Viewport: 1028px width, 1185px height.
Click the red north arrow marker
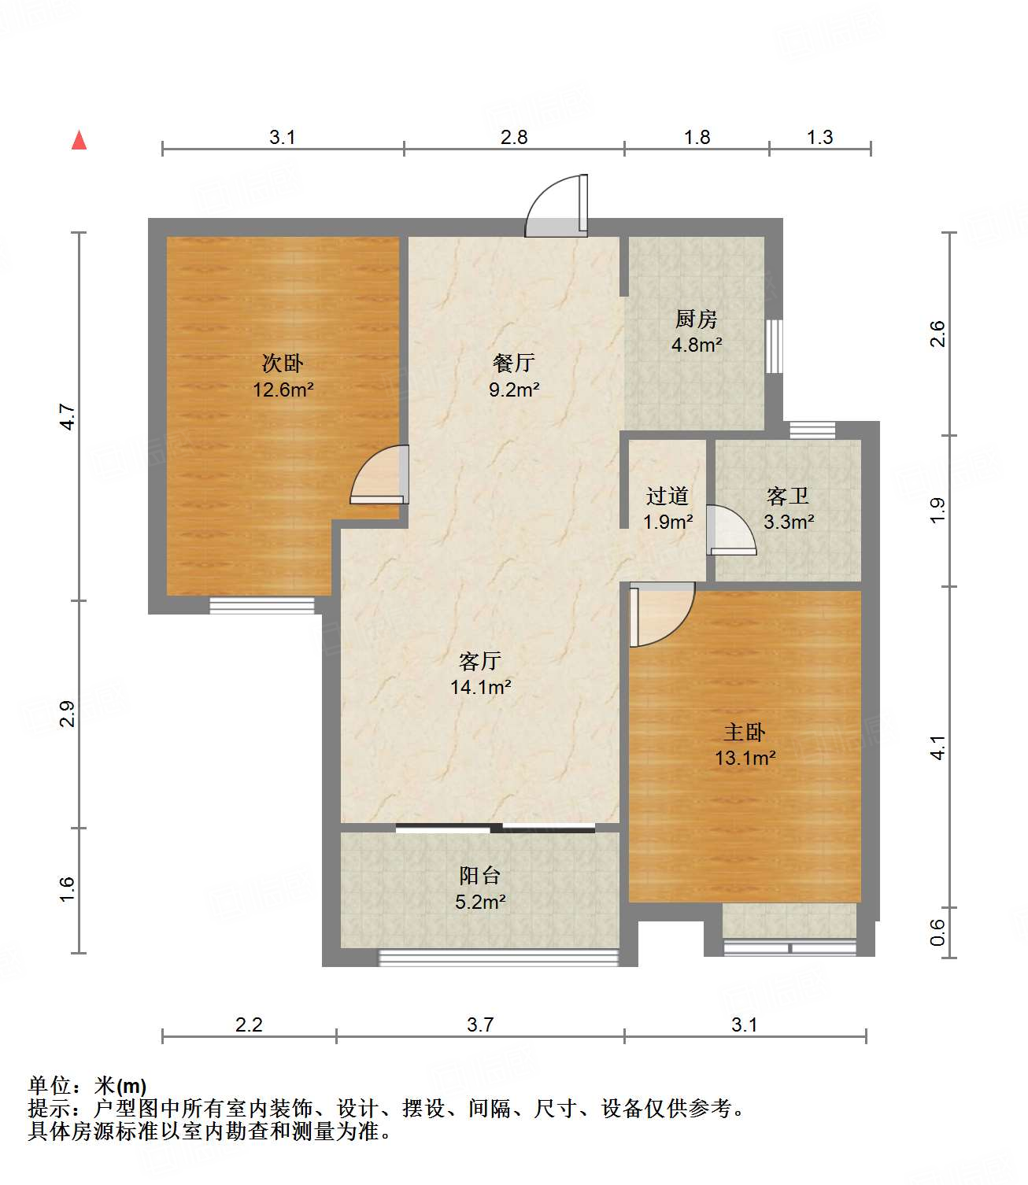coord(79,140)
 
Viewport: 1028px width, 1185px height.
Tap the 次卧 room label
coord(283,363)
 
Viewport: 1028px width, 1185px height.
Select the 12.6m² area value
coord(283,389)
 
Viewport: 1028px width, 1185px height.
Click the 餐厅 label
coord(513,363)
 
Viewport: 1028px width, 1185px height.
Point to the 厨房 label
coord(696,319)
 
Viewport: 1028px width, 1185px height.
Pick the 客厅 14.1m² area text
coord(480,687)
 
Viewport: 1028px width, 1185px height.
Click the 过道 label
coord(667,496)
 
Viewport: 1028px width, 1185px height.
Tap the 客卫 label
coord(787,496)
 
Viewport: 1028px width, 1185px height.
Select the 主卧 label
coord(744,732)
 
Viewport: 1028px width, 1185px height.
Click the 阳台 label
coord(479,875)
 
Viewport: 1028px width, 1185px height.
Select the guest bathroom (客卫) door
coord(730,531)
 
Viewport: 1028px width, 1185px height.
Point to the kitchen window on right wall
coord(775,345)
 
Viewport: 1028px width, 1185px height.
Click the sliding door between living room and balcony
coord(495,827)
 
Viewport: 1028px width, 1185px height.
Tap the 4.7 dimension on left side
coord(68,416)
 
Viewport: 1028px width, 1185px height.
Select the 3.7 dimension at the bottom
coord(479,1024)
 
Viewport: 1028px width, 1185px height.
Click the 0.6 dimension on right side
coord(937,932)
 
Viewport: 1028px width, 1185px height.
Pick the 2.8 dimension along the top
coord(513,137)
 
